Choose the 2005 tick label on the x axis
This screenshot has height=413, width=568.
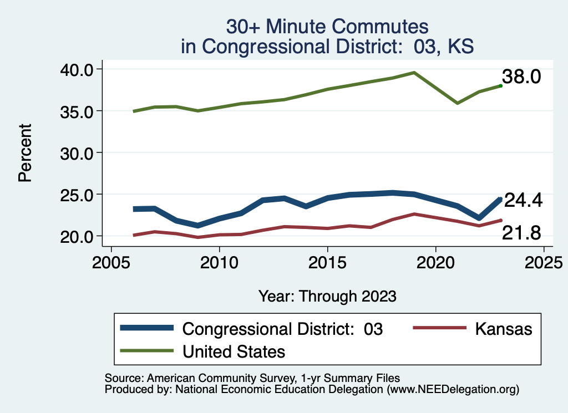click(x=111, y=262)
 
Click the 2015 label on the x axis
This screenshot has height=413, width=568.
click(x=327, y=262)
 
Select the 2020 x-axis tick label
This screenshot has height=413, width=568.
click(x=435, y=262)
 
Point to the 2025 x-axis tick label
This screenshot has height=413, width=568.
click(x=543, y=262)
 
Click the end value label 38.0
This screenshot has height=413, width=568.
click(x=521, y=77)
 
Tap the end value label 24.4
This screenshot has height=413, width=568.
click(x=522, y=201)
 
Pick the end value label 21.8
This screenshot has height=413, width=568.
click(x=521, y=233)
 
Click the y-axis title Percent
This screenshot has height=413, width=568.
click(x=24, y=152)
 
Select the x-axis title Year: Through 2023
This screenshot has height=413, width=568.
click(x=327, y=296)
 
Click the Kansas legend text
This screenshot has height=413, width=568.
click(x=503, y=329)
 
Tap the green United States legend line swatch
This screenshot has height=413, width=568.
click(x=148, y=351)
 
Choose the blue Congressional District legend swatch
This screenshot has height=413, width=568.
click(x=148, y=328)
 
